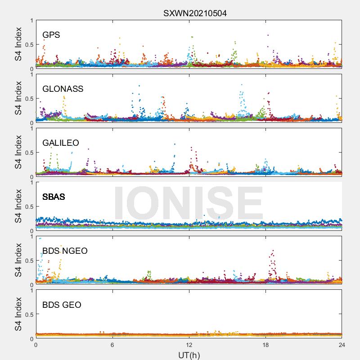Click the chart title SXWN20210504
195,13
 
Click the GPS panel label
51,35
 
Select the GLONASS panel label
63,89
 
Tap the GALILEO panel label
61,143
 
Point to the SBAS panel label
54,197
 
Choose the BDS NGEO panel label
65,251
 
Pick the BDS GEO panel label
62,305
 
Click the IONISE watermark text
189,203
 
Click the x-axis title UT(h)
189,355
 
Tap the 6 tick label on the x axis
112,345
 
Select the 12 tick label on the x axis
189,345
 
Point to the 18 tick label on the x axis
265,345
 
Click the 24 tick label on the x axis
342,345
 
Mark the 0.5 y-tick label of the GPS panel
29,45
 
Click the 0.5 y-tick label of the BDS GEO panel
29,315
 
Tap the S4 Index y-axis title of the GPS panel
18,44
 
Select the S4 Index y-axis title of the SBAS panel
18,206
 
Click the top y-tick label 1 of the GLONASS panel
32,75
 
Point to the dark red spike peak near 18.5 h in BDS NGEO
273,251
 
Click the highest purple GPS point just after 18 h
268,35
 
